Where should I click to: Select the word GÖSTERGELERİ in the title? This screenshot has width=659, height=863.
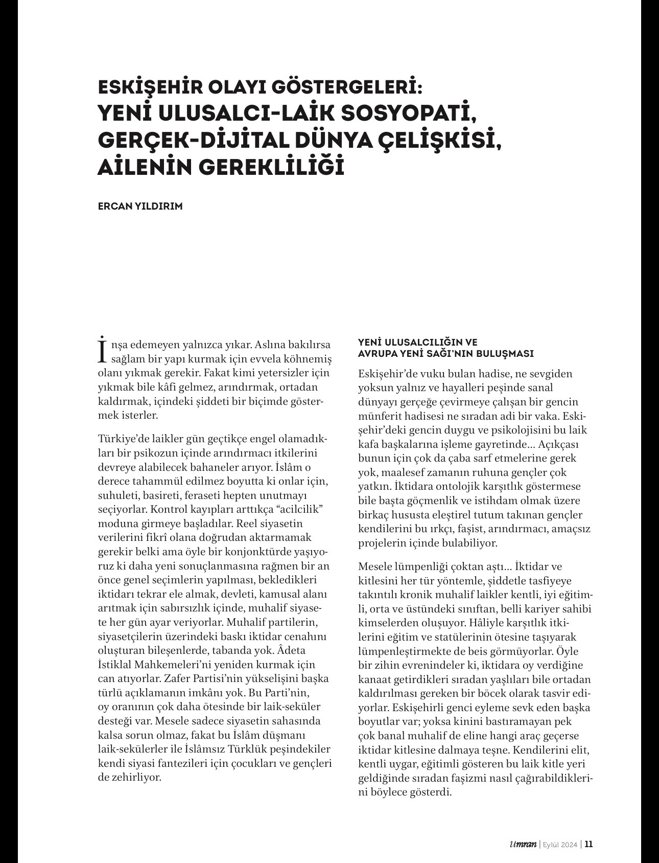(346, 87)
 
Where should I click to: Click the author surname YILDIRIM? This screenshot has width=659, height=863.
(158, 207)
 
